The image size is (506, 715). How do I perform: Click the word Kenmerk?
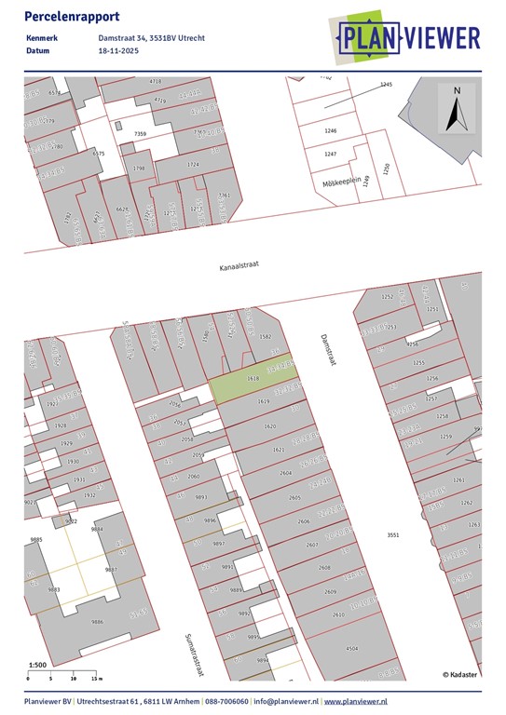point(43,38)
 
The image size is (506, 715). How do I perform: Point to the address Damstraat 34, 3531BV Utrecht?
point(151,38)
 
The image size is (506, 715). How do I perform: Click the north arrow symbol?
point(456,110)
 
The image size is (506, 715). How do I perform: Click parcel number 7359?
point(141,135)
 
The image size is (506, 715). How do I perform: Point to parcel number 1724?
point(193,165)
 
